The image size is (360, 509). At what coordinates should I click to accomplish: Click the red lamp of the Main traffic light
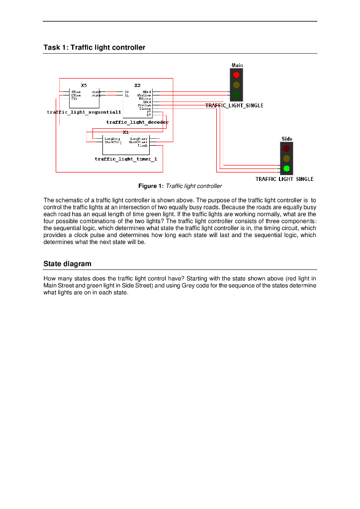pos(236,75)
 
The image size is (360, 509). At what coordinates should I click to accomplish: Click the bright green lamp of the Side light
pos(286,168)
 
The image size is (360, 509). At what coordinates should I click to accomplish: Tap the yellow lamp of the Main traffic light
pos(236,85)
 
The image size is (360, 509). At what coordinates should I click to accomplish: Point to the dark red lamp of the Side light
pos(286,148)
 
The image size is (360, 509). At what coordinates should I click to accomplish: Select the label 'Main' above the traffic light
pos(237,65)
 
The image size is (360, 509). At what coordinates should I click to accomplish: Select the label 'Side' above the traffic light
pos(287,139)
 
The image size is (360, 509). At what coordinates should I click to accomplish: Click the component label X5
pos(84,85)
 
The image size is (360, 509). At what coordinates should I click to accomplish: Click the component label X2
pos(137,85)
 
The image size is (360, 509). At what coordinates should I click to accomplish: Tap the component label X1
pos(126,132)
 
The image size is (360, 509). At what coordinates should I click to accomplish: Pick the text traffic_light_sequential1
pos(84,112)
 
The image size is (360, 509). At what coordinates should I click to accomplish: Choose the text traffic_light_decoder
pos(137,122)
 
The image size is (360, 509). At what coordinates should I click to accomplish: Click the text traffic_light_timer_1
pos(126,159)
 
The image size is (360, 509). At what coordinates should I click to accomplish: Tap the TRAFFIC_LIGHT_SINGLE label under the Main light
pos(234,106)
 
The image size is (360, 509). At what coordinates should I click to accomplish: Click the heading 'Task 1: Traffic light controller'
pos(94,48)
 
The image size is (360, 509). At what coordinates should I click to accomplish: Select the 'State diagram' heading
pos(67,263)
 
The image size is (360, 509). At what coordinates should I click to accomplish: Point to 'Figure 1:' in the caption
pos(151,186)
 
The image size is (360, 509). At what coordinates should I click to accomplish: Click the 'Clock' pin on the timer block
pos(143,146)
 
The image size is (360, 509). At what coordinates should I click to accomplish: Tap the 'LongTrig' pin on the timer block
pos(112,139)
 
